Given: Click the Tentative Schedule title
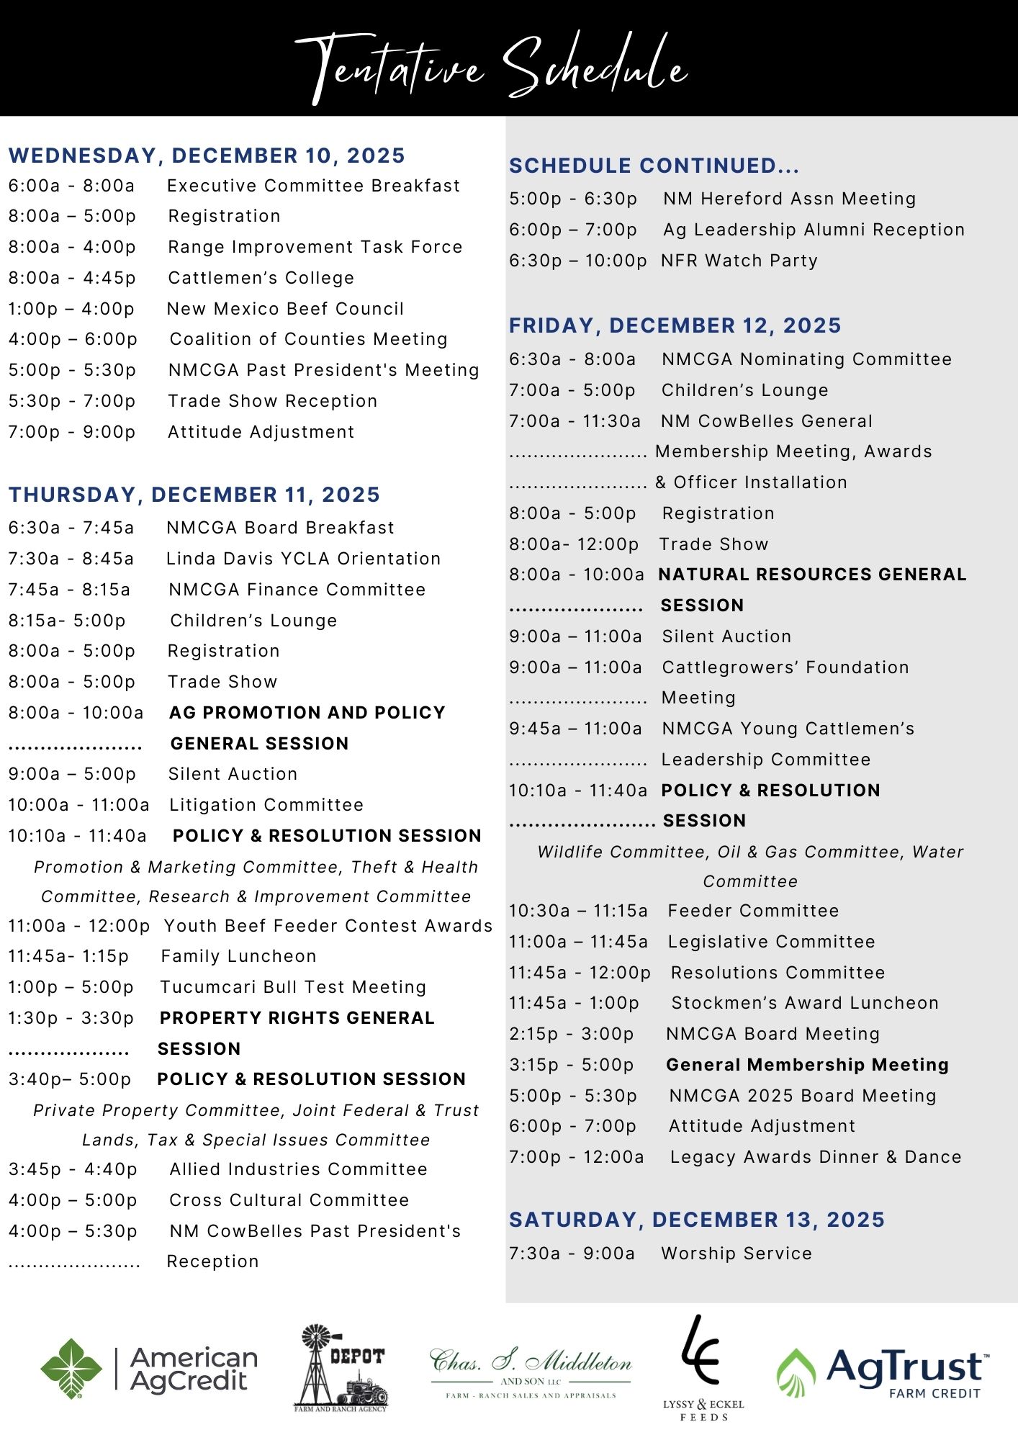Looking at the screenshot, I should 491,66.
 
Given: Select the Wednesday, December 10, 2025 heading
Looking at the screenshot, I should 207,156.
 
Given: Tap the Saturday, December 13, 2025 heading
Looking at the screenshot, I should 696,1220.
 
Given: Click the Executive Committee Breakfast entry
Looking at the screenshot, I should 313,186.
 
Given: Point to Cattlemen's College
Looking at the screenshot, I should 261,278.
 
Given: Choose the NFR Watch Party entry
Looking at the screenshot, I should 739,261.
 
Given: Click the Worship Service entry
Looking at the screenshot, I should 737,1254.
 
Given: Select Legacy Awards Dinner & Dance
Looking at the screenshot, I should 816,1157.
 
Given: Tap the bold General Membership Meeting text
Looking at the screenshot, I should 807,1065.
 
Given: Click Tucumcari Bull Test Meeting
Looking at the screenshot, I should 293,987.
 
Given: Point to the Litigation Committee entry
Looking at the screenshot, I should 266,805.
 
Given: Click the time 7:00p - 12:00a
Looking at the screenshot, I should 576,1157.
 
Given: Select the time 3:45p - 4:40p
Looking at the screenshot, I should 73,1169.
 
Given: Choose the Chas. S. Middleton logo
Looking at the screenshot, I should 531,1372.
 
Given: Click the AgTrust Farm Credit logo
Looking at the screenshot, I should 883,1372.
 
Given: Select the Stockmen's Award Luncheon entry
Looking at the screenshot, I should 805,1003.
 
